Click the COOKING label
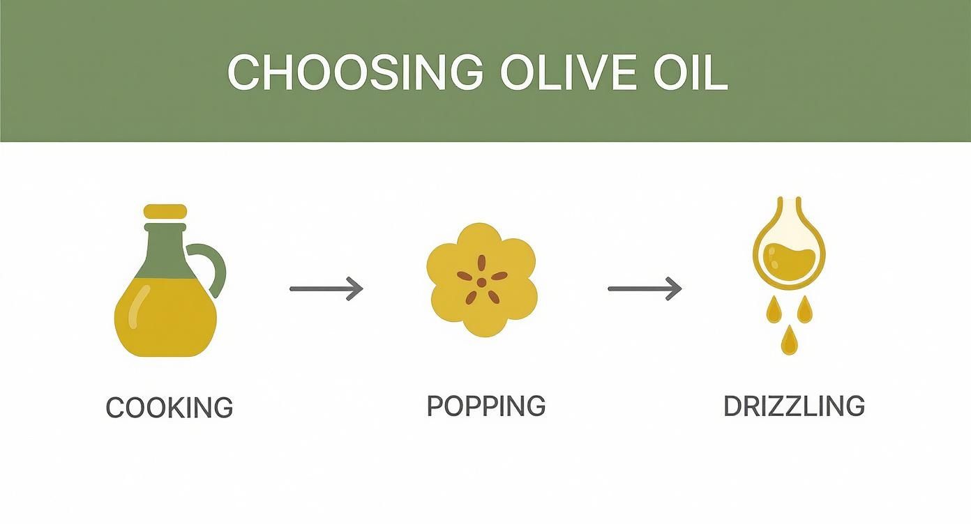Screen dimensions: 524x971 click(169, 407)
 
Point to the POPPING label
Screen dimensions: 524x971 click(485, 406)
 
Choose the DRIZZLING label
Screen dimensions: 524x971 click(794, 406)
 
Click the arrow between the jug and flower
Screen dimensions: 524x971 click(326, 288)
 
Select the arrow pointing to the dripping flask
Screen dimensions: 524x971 click(645, 288)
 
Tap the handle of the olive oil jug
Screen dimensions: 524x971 click(215, 268)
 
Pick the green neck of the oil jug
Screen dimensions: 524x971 click(165, 244)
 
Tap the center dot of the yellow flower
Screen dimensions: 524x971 click(481, 282)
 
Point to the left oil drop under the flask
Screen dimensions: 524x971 click(773, 309)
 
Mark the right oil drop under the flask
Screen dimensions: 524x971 click(805, 309)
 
